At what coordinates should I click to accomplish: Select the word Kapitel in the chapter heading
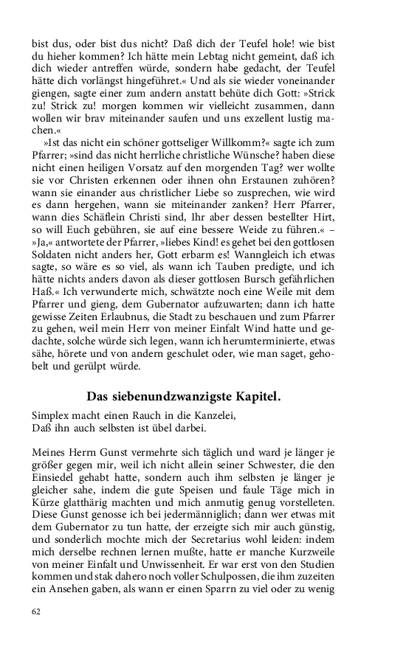click(254, 396)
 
